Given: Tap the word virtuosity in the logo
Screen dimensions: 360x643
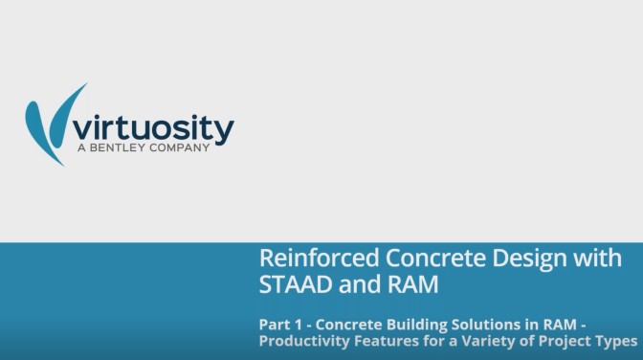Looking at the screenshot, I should pyautogui.click(x=153, y=127).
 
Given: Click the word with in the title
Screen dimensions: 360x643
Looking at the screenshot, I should pyautogui.click(x=594, y=259).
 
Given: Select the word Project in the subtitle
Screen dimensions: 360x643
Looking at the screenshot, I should pyautogui.click(x=563, y=341).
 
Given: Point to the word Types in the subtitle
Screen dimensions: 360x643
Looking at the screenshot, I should pyautogui.click(x=614, y=341).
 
